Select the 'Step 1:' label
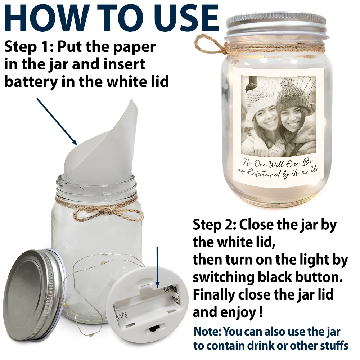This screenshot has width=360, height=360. click(28, 47)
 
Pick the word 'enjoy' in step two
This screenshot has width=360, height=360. click(235, 312)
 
